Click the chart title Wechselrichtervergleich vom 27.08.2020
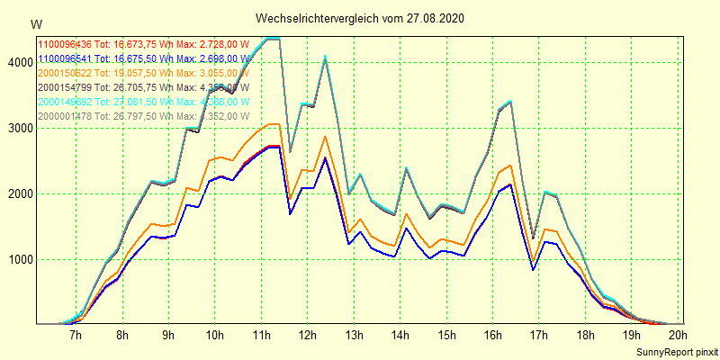click(x=360, y=19)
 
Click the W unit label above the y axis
click(x=36, y=24)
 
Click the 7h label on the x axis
click(x=76, y=336)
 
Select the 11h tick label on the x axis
click(x=262, y=336)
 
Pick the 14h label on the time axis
click(x=400, y=336)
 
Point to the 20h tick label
click(x=678, y=336)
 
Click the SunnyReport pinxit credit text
click(x=673, y=350)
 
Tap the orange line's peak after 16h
click(x=510, y=166)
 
